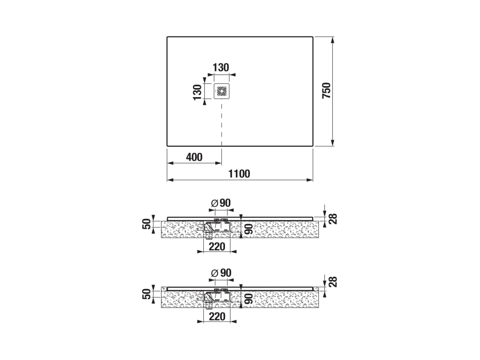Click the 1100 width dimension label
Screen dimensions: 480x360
[x=239, y=174]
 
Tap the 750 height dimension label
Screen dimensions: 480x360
[x=327, y=90]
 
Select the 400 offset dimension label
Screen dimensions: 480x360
[x=194, y=157]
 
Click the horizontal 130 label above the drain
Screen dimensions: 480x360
[x=221, y=67]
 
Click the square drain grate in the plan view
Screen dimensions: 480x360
[x=221, y=91]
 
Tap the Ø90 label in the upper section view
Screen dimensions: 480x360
[x=221, y=203]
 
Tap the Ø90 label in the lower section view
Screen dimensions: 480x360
[x=221, y=273]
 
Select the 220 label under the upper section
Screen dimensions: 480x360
[x=217, y=247]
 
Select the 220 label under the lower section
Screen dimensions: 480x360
[x=217, y=316]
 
